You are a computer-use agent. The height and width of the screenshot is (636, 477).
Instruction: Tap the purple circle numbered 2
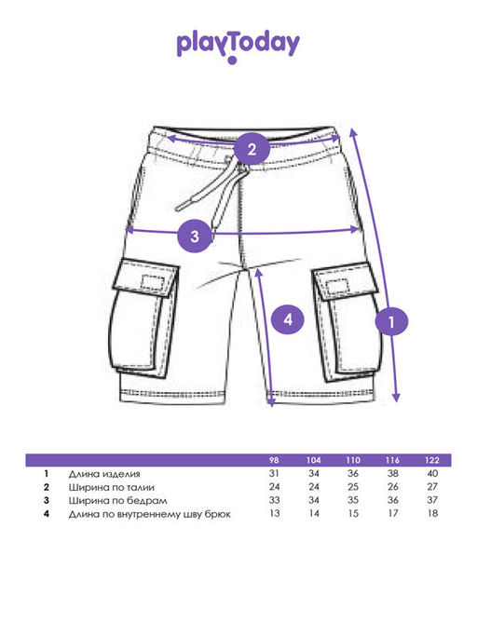pos(252,149)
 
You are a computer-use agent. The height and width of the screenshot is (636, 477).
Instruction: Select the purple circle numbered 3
pos(195,236)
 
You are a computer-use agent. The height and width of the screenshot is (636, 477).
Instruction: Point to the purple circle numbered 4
pos(288,319)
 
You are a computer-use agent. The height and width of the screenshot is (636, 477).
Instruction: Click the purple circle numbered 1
pos(391,322)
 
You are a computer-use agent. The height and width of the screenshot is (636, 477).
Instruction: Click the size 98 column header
pos(274,460)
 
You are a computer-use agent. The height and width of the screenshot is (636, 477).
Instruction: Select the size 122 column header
pos(432,460)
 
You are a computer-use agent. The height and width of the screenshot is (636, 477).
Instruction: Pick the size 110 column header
pos(353,460)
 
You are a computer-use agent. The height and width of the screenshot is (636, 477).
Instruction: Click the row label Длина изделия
pos(104,474)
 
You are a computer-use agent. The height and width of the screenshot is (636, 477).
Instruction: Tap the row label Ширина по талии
pos(111,487)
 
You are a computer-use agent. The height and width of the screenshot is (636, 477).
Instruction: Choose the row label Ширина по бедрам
pos(117,501)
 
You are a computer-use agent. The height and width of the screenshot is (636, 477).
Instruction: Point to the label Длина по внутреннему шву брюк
pos(149,514)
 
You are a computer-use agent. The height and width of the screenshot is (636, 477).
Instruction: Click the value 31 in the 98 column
pos(274,473)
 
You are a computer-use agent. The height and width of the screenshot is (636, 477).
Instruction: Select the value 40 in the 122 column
pos(432,473)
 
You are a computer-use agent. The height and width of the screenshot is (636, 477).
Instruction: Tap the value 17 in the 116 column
pos(392,513)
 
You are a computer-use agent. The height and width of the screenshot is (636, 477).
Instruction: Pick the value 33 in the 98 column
pos(274,500)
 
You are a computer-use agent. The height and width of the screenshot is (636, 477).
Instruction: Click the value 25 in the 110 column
pos(353,487)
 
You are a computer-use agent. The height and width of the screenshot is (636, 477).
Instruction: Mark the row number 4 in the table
pos(47,514)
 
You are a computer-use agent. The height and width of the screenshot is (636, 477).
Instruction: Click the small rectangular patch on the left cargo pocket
pos(153,283)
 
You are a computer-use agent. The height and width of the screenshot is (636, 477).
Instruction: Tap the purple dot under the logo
pos(232,61)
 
